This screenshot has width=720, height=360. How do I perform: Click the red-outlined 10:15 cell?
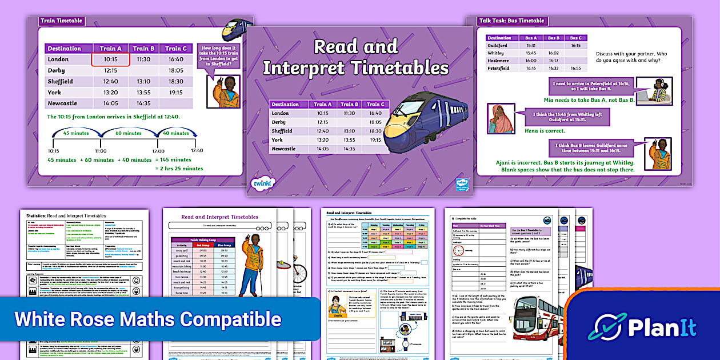pos(110,59)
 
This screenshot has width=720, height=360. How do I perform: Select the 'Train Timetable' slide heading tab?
pos(61,21)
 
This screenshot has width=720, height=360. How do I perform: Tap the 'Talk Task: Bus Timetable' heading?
pos(513,21)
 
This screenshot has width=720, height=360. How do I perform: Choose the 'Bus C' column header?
pos(575,38)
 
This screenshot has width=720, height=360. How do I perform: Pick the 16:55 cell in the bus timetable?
pos(575,67)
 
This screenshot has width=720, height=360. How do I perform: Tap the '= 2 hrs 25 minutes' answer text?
pos(179,169)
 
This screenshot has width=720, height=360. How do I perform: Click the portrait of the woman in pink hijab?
pos(501,119)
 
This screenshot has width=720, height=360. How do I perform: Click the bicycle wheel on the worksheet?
pos(301,273)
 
